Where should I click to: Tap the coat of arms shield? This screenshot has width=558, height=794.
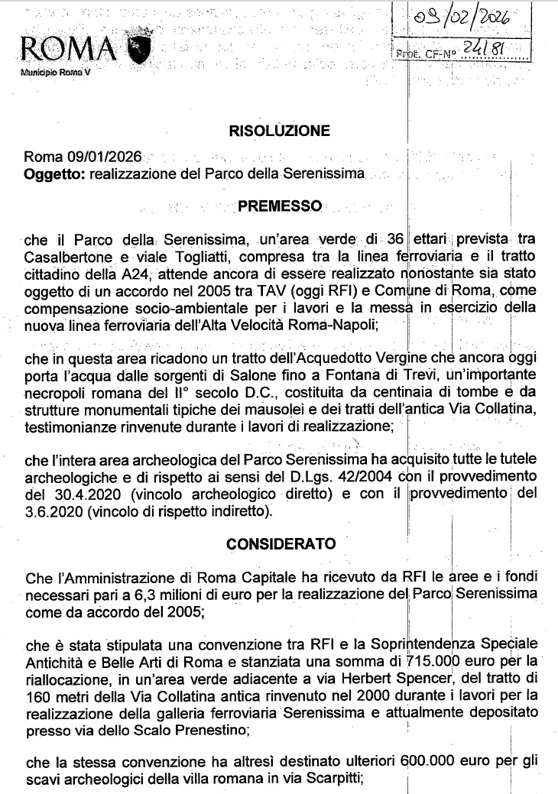(140, 47)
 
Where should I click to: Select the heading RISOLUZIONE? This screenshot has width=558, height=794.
(279, 131)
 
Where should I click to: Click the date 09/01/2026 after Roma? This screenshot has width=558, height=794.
(104, 157)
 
